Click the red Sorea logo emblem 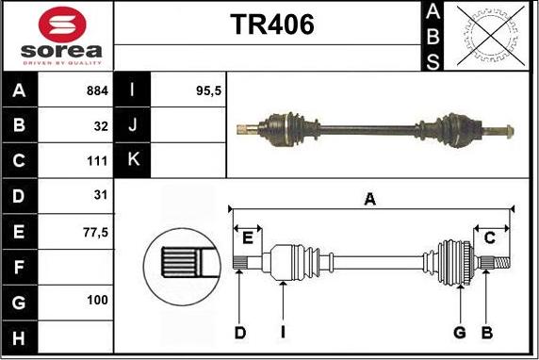tap(62, 25)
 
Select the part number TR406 tap(272, 25)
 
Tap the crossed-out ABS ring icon tap(491, 36)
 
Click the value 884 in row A tap(97, 90)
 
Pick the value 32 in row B tap(101, 126)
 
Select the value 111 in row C tap(97, 161)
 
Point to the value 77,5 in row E tap(95, 233)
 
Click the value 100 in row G tap(97, 301)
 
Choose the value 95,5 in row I tap(208, 91)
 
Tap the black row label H tap(20, 337)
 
